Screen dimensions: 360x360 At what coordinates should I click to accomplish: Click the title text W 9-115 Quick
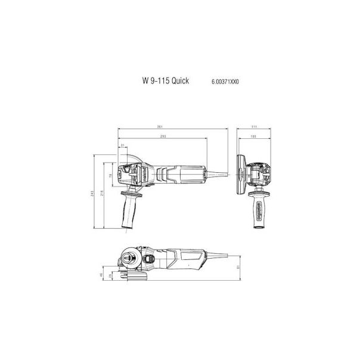click(165, 80)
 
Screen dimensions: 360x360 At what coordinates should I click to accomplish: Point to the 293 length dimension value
click(162, 138)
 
